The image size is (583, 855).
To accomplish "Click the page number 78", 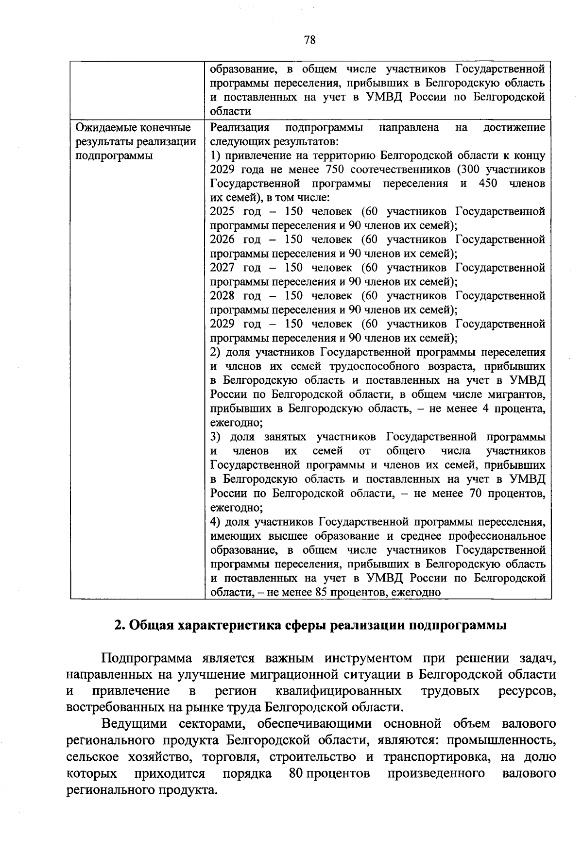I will coord(309,40).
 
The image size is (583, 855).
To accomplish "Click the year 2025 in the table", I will coord(222,212).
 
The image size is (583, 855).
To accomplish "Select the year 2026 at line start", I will coord(222,239).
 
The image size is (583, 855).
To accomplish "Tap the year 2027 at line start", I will coord(222,268).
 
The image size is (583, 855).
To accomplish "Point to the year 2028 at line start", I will coord(222,296).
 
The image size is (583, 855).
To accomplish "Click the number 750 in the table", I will coord(327,170).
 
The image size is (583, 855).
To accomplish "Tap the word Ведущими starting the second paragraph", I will coord(131,724).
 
